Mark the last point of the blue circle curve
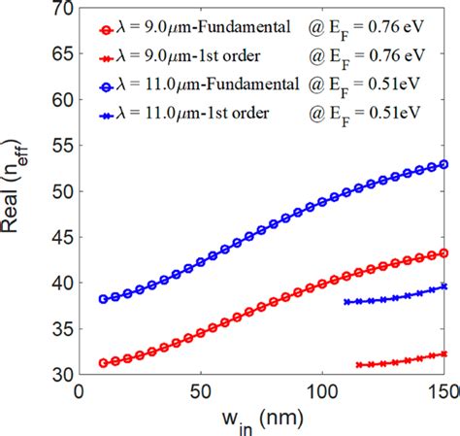(x=444, y=164)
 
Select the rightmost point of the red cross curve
(x=444, y=353)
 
